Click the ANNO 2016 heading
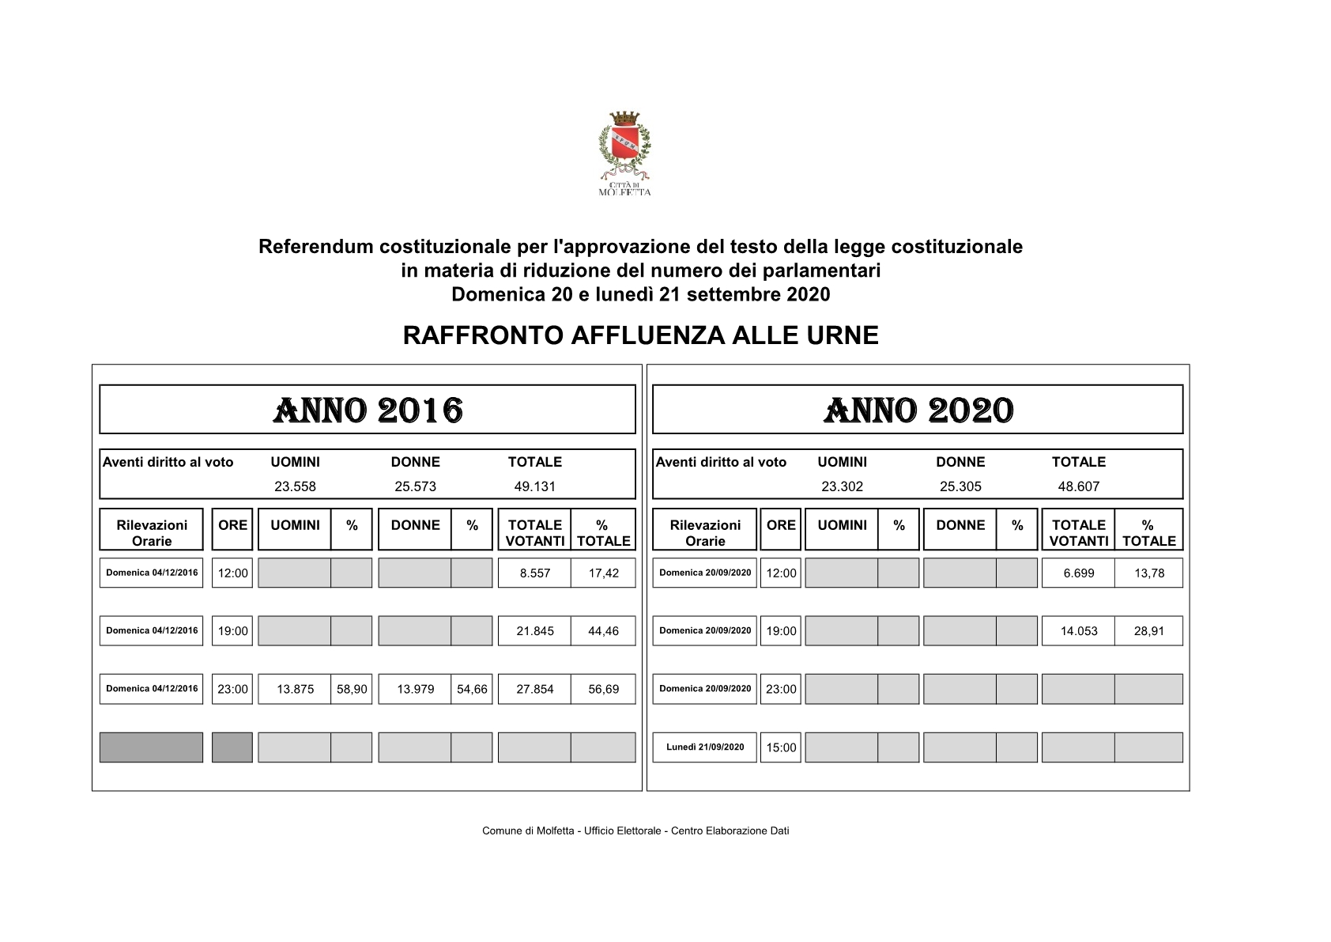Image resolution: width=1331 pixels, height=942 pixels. (x=368, y=410)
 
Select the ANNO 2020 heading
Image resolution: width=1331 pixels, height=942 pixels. (x=918, y=410)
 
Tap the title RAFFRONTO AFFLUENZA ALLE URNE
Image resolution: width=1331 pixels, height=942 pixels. (x=640, y=335)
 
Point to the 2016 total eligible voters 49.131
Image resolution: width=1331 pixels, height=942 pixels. (x=534, y=486)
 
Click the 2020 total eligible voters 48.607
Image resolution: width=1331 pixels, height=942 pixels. (x=1078, y=486)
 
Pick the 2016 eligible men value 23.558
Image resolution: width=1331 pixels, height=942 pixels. (x=295, y=486)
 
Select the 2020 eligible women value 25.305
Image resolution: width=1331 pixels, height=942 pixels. (x=960, y=486)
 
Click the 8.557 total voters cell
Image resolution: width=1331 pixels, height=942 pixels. (x=534, y=573)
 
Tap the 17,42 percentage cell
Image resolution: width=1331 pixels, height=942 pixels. (x=603, y=573)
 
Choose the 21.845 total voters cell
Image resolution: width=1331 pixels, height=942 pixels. (x=534, y=631)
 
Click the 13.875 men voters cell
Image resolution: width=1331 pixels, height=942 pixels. (x=295, y=689)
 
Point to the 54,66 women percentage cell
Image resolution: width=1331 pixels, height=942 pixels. (x=472, y=689)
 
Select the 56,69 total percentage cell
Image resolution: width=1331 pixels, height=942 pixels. (x=603, y=689)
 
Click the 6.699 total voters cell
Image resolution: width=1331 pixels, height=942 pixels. (x=1078, y=573)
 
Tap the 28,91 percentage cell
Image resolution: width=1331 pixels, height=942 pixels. (x=1148, y=631)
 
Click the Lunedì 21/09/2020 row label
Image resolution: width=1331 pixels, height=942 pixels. (x=704, y=747)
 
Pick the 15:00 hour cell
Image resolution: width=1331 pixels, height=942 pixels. (x=781, y=747)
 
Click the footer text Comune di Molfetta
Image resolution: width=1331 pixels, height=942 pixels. (x=635, y=830)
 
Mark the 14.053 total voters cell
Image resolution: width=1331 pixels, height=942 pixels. (x=1078, y=631)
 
